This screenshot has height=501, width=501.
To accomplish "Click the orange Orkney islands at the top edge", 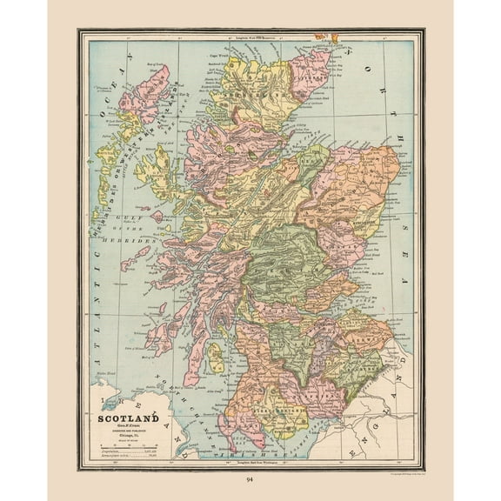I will [328, 37].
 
